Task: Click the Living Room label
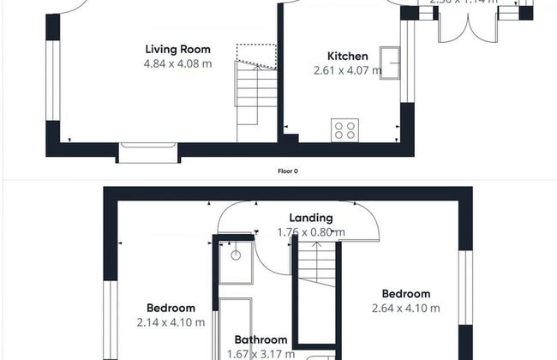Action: (177, 50)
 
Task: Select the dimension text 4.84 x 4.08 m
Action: (177, 63)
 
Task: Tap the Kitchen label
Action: (347, 56)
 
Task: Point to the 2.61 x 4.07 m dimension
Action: (347, 70)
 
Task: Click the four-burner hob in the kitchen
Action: (344, 130)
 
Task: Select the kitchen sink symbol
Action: (394, 64)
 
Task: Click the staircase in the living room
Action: (256, 94)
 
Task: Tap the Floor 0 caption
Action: (288, 171)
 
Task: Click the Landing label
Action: (310, 218)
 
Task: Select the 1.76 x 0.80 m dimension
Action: (310, 231)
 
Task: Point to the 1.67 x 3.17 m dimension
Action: (261, 353)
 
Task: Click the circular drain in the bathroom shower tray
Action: (236, 254)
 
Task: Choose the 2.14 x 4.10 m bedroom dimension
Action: (171, 322)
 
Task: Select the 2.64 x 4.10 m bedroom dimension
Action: (405, 309)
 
